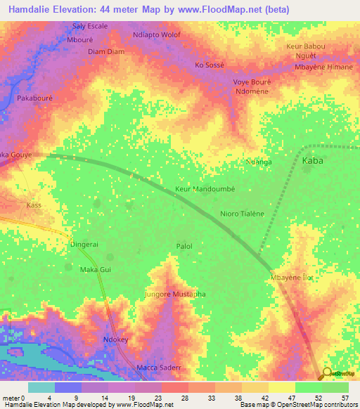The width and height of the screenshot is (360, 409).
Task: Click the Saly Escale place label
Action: coord(90,26)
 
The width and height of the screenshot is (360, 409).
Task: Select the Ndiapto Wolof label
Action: coord(156,34)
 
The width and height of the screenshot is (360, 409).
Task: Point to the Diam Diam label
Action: coord(105,51)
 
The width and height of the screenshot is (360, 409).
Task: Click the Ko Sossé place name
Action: coord(209,65)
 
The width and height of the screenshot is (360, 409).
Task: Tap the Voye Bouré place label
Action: coord(252,82)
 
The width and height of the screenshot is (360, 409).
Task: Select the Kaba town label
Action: coord(313,161)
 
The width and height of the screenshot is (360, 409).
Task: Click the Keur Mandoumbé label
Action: coord(204,189)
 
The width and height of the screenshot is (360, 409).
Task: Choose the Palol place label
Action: coord(184,246)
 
